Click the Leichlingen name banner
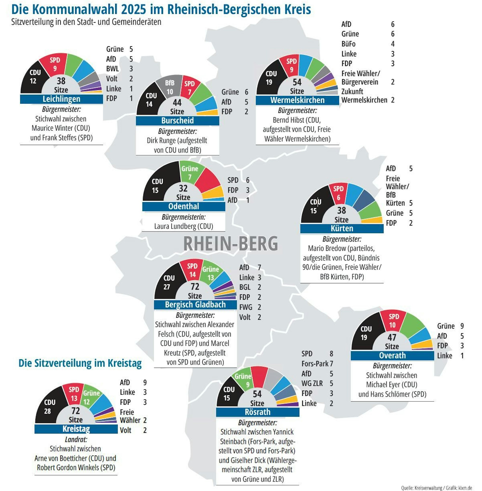[x=61, y=99]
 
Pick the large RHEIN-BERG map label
[x=230, y=244]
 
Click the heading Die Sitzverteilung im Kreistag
[x=80, y=363]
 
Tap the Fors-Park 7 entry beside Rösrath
[x=317, y=364]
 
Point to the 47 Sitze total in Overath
[x=392, y=341]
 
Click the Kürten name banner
[x=342, y=228]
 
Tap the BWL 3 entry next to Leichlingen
[x=119, y=69]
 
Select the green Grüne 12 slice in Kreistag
[x=89, y=397]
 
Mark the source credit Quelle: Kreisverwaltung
[x=422, y=488]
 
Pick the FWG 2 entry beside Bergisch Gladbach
[x=250, y=307]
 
